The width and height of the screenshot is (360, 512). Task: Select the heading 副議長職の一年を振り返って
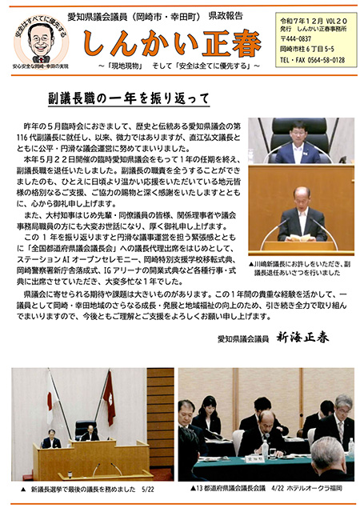click(x=129, y=98)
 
